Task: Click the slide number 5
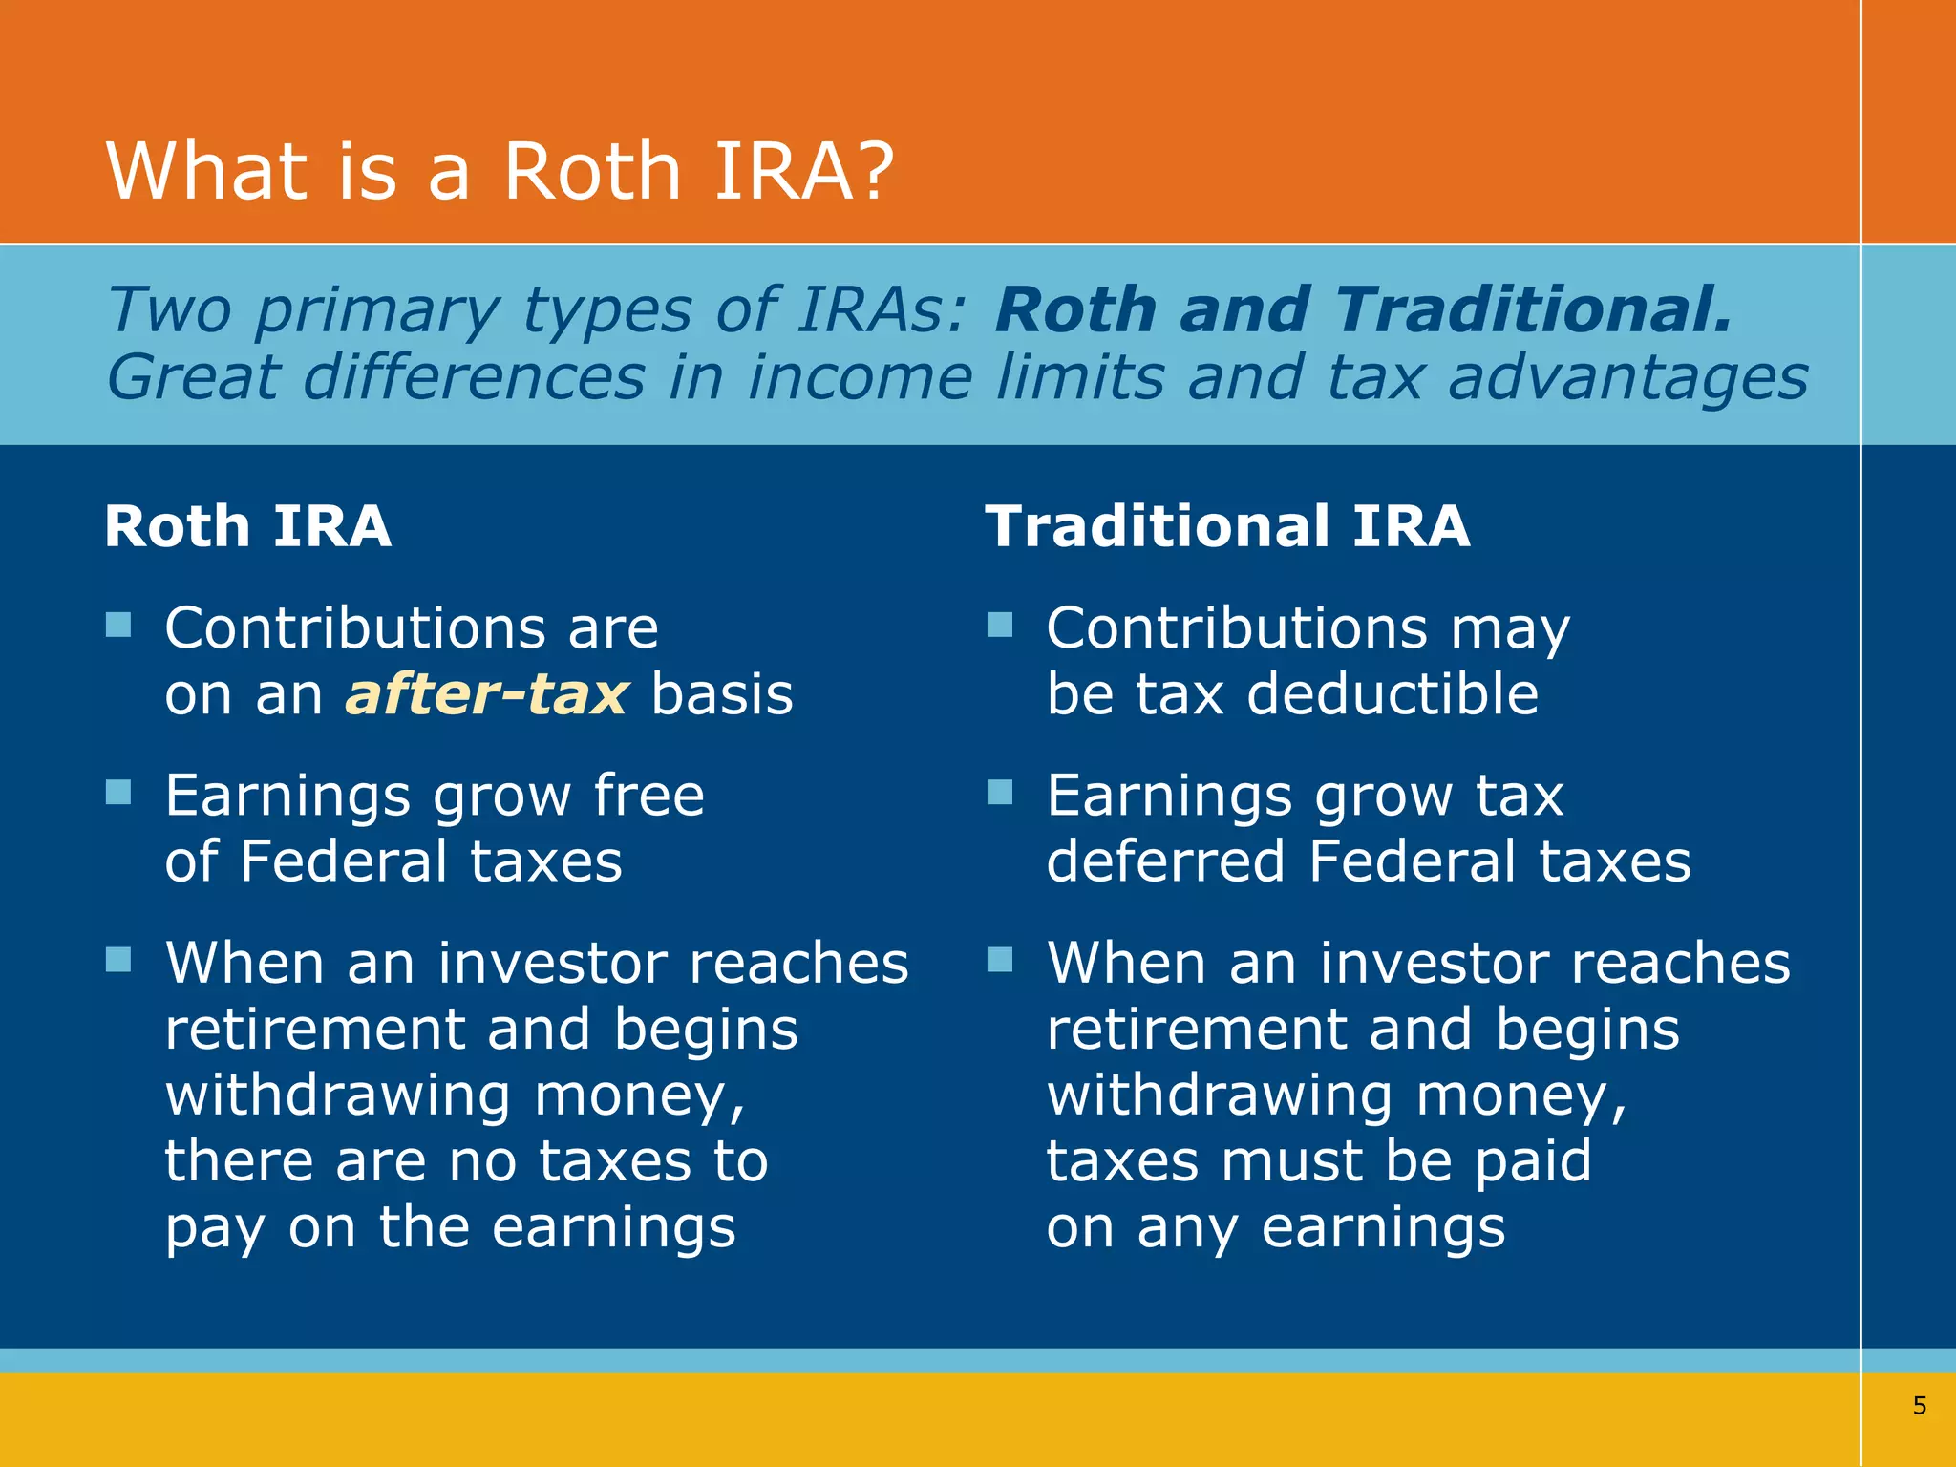pyautogui.click(x=1919, y=1405)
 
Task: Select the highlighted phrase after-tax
pyautogui.click(x=487, y=694)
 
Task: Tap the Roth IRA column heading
pyautogui.click(x=247, y=526)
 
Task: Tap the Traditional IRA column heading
pyautogui.click(x=1227, y=526)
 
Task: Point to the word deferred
pyautogui.click(x=1165, y=861)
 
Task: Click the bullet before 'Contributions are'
pyautogui.click(x=118, y=626)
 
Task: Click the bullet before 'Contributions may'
pyautogui.click(x=999, y=626)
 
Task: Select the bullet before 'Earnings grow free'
pyautogui.click(x=118, y=793)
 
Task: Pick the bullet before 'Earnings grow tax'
pyautogui.click(x=999, y=793)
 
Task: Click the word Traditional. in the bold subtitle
pyautogui.click(x=1533, y=310)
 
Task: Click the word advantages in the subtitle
pyautogui.click(x=1627, y=377)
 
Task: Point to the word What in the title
pyautogui.click(x=206, y=171)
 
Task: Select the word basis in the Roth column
pyautogui.click(x=722, y=694)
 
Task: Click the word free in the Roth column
pyautogui.click(x=648, y=795)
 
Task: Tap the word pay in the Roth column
pyautogui.click(x=214, y=1229)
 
